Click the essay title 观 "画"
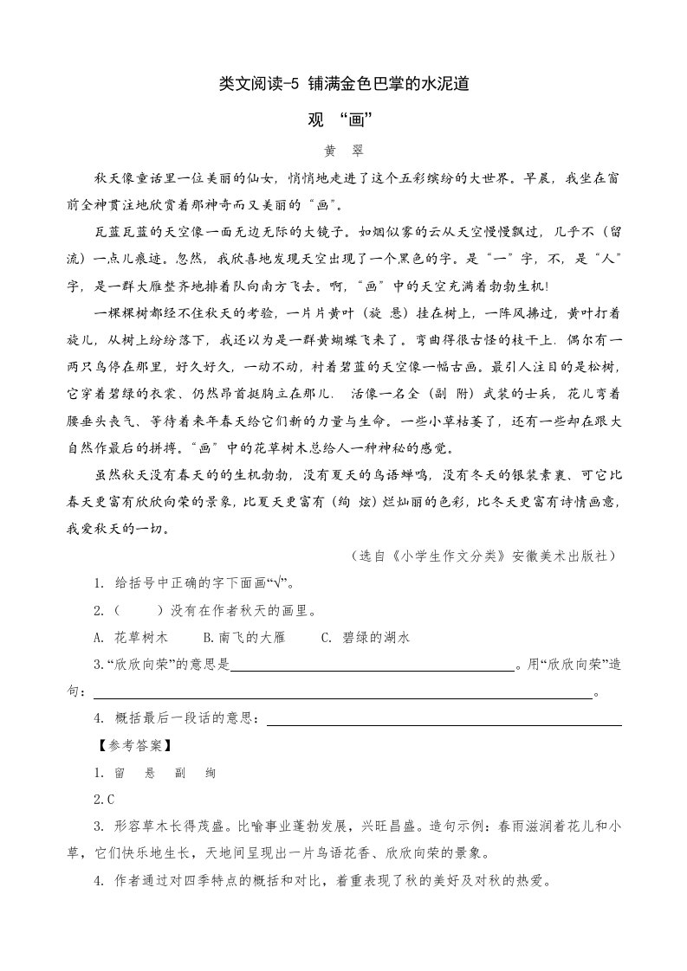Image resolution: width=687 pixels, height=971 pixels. coord(344,119)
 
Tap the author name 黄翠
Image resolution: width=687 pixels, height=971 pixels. coord(344,150)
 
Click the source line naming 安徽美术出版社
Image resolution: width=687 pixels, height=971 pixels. coord(481,556)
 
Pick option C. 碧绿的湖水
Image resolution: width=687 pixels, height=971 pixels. coord(365,638)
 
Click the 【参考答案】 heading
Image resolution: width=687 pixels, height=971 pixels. coord(133,744)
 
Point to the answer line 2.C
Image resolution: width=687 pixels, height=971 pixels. coord(104,799)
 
